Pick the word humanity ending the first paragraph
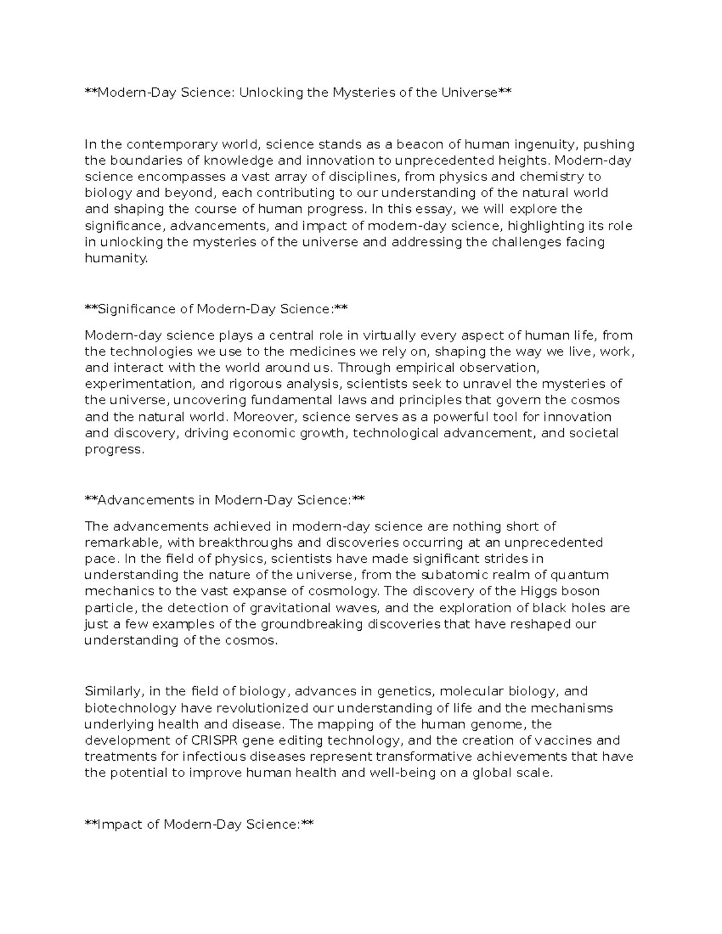(116, 259)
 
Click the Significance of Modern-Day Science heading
(216, 309)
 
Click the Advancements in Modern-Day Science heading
(224, 500)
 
